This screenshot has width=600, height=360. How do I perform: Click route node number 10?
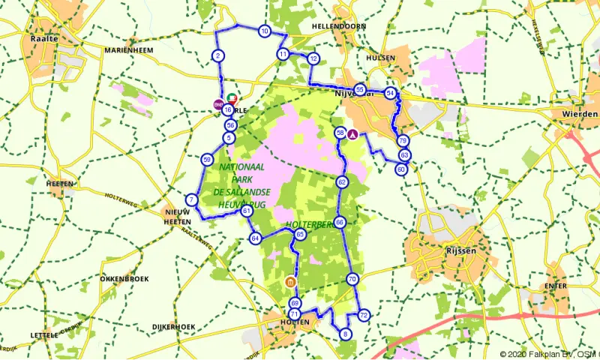point(265,31)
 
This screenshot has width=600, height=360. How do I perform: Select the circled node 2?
point(217,55)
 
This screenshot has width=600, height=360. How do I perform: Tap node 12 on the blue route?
point(313,58)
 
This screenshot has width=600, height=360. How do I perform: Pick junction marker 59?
point(207,159)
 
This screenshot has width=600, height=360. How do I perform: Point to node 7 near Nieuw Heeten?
point(192,199)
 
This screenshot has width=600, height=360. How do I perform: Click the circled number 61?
point(247,211)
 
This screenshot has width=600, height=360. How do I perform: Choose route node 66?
point(340,222)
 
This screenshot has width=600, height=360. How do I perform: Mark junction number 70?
point(352,279)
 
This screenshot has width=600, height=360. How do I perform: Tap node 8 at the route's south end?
point(345,334)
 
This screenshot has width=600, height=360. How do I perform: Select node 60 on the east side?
point(401,169)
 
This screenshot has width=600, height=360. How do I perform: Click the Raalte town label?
point(45,38)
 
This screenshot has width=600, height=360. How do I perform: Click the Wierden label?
point(580,113)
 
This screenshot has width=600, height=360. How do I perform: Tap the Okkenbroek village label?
point(121,277)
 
